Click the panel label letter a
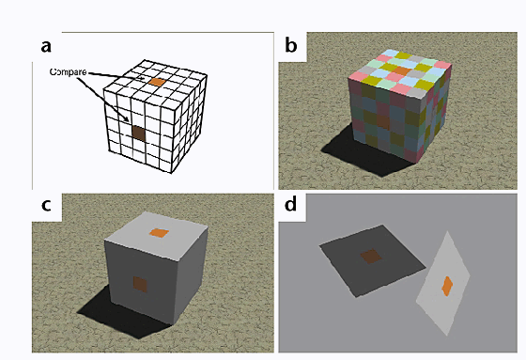[46, 46]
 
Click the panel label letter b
[291, 45]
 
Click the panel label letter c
[46, 205]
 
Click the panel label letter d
[290, 204]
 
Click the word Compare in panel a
[68, 72]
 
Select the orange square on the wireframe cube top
[157, 82]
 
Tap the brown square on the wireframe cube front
[138, 133]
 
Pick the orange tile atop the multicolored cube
[402, 70]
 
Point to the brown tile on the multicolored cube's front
[383, 122]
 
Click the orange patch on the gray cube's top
[159, 233]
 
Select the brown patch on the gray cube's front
[140, 285]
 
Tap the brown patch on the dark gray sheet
[371, 257]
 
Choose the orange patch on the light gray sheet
[447, 286]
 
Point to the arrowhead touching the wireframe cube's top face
[143, 79]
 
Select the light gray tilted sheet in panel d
[442, 283]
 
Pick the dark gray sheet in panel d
[372, 261]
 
